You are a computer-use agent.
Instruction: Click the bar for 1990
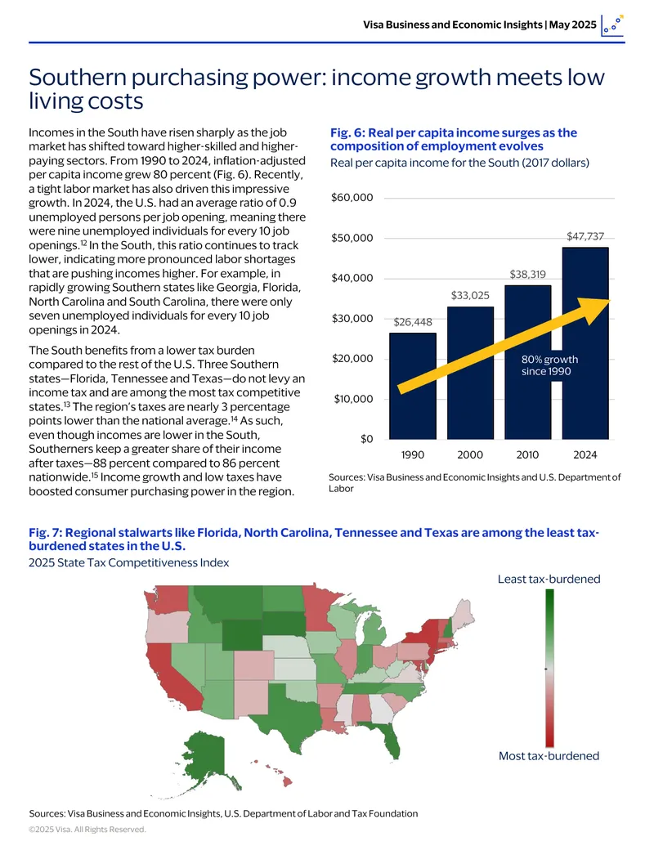click(x=413, y=386)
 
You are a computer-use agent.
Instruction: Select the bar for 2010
click(x=528, y=362)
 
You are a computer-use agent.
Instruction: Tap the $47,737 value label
click(x=585, y=236)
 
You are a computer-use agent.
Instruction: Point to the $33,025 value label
click(x=471, y=295)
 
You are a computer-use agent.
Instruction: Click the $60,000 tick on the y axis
click(x=352, y=198)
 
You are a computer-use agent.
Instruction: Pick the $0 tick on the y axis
click(x=367, y=439)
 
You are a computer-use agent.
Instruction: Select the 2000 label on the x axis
click(x=470, y=454)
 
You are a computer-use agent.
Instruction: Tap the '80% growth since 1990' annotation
click(x=549, y=365)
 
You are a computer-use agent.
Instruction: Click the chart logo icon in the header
click(x=612, y=25)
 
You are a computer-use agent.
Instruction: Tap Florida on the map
click(x=390, y=739)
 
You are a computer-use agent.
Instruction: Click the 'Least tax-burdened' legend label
click(x=549, y=579)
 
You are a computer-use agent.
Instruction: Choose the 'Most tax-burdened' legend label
click(x=549, y=756)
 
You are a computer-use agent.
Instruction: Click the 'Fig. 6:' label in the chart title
click(x=347, y=132)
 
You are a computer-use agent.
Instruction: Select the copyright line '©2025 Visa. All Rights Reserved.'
click(x=87, y=830)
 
